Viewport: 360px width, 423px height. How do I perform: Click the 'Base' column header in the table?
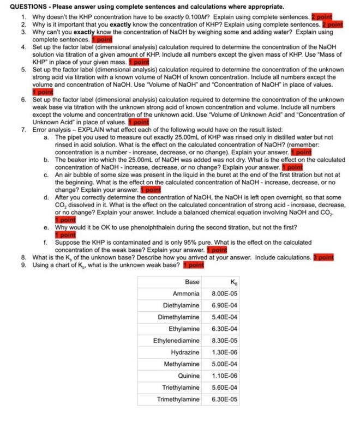[192, 282]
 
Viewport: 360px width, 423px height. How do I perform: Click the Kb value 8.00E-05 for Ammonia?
[224, 293]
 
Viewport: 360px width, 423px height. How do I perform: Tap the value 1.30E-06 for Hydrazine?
[224, 352]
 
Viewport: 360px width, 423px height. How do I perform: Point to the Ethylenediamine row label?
[176, 341]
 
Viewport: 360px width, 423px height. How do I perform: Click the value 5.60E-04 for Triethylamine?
[224, 388]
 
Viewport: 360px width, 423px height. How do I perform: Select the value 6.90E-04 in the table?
[224, 305]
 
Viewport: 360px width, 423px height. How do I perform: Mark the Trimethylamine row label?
[178, 400]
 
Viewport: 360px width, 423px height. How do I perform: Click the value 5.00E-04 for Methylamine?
[224, 364]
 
